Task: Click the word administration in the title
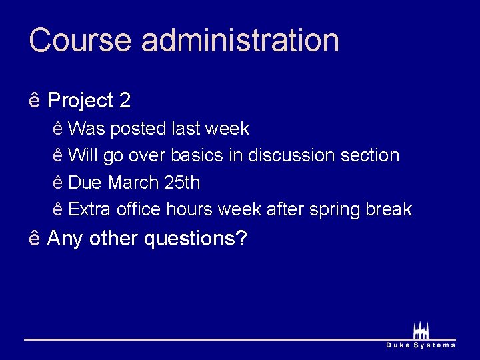pyautogui.click(x=240, y=40)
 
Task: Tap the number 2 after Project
pyautogui.click(x=125, y=101)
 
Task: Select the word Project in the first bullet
pyautogui.click(x=81, y=101)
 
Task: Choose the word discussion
pyautogui.click(x=291, y=155)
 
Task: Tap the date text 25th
pyautogui.click(x=181, y=182)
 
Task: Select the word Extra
pyautogui.click(x=90, y=209)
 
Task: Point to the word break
pyautogui.click(x=389, y=209)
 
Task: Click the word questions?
pyautogui.click(x=196, y=239)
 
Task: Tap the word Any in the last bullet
pyautogui.click(x=65, y=238)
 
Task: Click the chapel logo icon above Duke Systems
pyautogui.click(x=420, y=331)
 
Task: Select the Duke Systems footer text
pyautogui.click(x=421, y=345)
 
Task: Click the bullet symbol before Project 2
pyautogui.click(x=35, y=101)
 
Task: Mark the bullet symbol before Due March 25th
pyautogui.click(x=58, y=182)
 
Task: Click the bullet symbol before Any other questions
pyautogui.click(x=35, y=238)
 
